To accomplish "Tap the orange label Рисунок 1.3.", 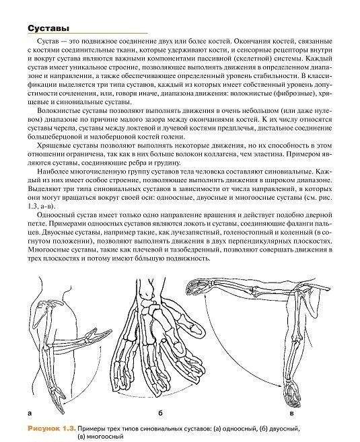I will click(x=50, y=428).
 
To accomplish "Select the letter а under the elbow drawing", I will click(x=30, y=412).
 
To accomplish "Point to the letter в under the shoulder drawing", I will click(x=291, y=412).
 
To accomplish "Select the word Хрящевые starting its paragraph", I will click(x=60, y=145).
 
